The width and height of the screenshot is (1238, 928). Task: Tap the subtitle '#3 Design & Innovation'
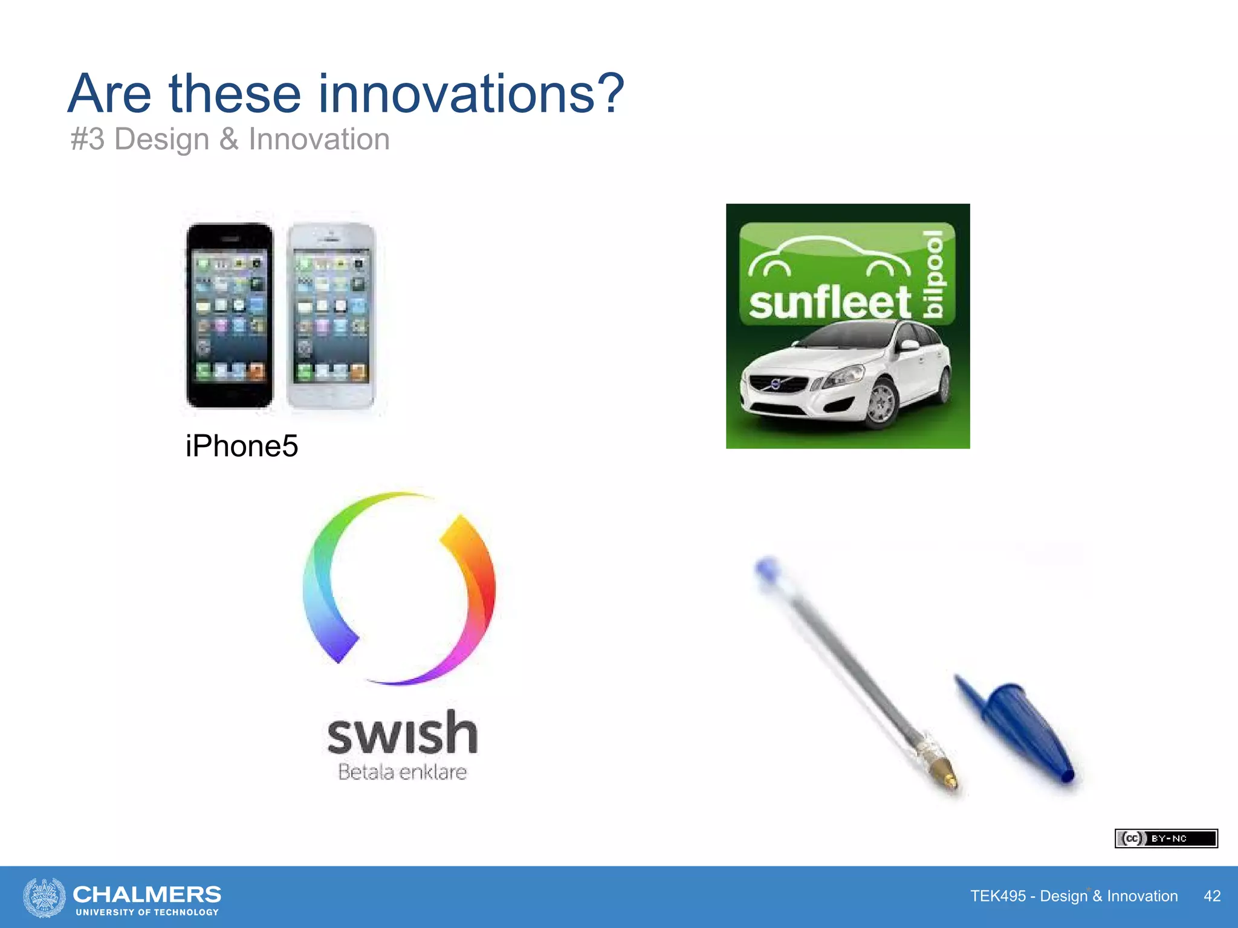(x=230, y=140)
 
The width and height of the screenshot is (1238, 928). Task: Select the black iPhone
(x=230, y=315)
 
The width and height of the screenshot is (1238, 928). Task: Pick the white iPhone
(x=331, y=315)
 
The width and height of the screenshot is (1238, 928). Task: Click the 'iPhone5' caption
(x=242, y=446)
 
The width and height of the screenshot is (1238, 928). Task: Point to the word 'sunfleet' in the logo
(x=829, y=302)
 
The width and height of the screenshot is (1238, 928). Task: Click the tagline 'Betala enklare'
(x=403, y=772)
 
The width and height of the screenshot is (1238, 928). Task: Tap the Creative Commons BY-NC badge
(x=1166, y=839)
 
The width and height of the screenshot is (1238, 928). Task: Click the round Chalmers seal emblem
(x=44, y=897)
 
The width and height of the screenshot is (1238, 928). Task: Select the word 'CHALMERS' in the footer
(x=147, y=894)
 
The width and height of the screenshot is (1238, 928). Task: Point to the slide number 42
(x=1212, y=896)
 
